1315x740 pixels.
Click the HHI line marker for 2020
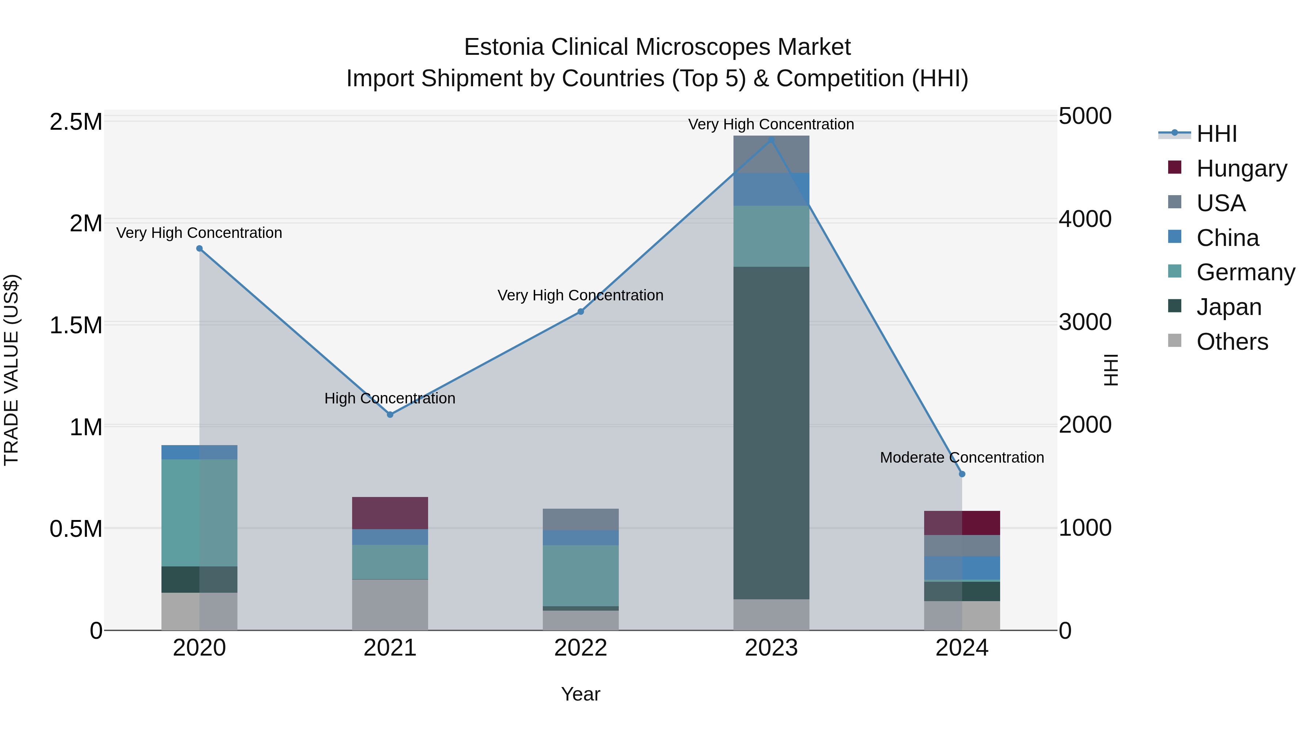pyautogui.click(x=199, y=249)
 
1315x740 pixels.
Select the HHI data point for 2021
pyautogui.click(x=390, y=415)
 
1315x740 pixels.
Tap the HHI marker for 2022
pyautogui.click(x=580, y=311)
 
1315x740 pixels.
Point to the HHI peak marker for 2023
pyautogui.click(x=771, y=140)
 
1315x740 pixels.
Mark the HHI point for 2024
pyautogui.click(x=962, y=474)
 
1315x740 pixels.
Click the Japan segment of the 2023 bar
pyautogui.click(x=771, y=433)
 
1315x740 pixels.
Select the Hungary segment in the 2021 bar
pyautogui.click(x=390, y=513)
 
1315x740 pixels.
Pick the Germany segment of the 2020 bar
pyautogui.click(x=199, y=513)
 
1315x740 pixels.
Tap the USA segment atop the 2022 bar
pyautogui.click(x=580, y=519)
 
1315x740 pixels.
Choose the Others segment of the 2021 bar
pyautogui.click(x=390, y=605)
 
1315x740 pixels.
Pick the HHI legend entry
pyautogui.click(x=1216, y=134)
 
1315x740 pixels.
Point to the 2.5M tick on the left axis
pyautogui.click(x=76, y=122)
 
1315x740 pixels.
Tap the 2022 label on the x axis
pyautogui.click(x=580, y=648)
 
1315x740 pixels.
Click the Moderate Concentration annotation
pyautogui.click(x=962, y=458)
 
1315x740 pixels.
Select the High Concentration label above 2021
pyautogui.click(x=390, y=398)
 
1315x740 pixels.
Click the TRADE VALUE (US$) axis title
pyautogui.click(x=11, y=370)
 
